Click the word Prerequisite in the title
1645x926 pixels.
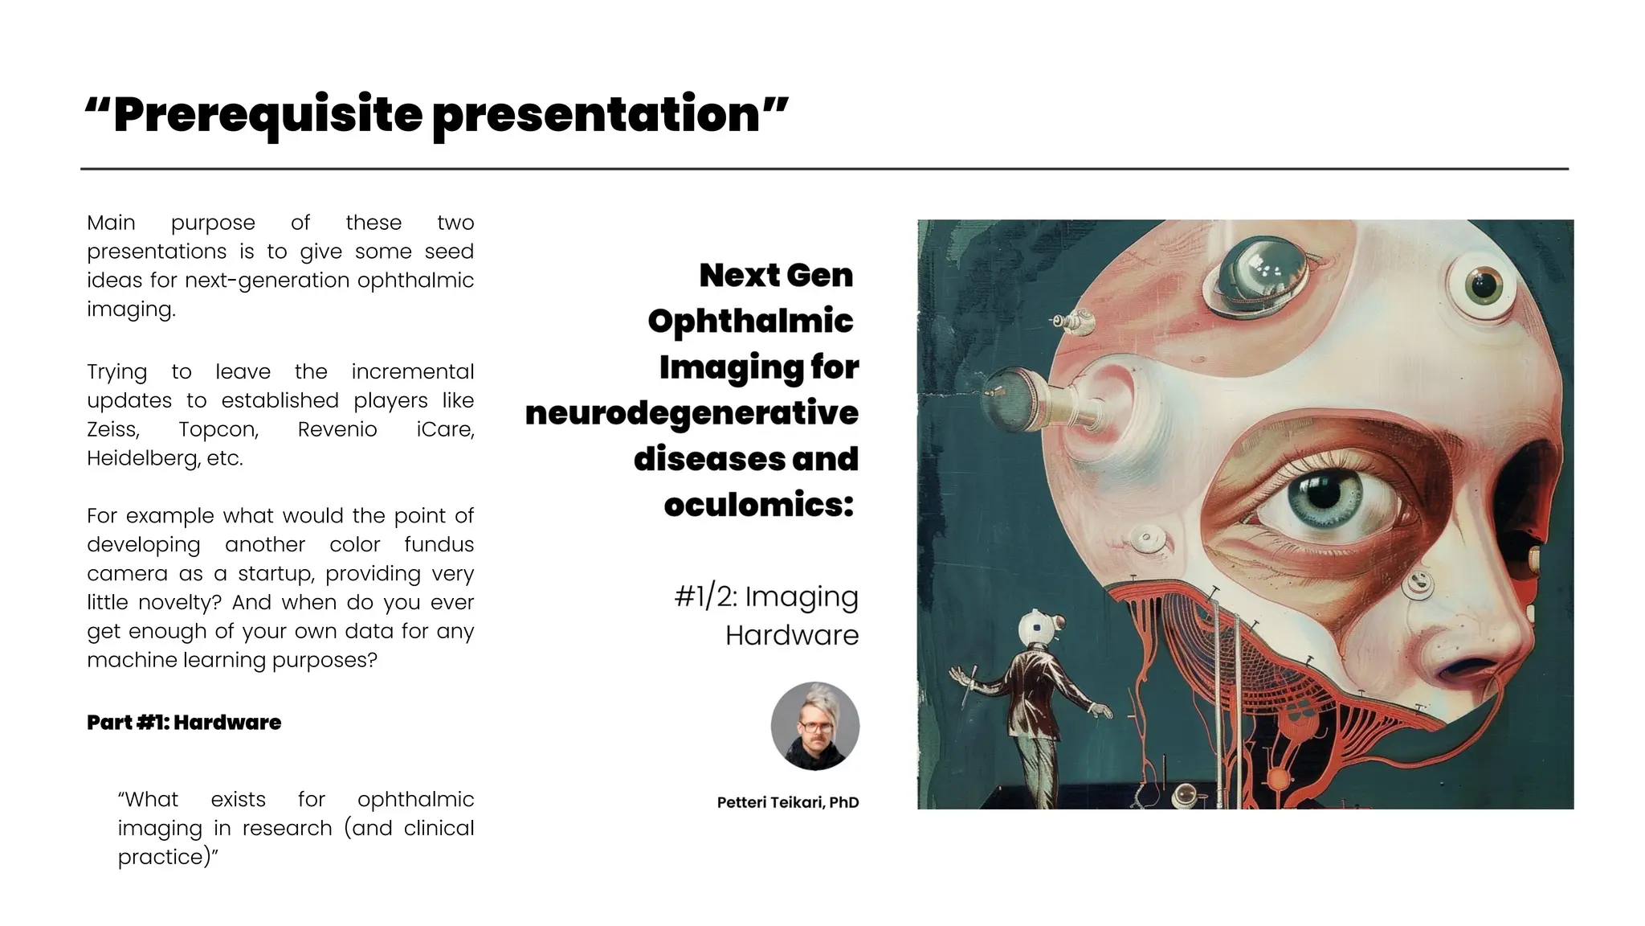[267, 114]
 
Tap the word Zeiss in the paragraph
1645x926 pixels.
[112, 429]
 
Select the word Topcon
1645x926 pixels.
[218, 429]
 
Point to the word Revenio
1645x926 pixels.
[337, 429]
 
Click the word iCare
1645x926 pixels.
[445, 429]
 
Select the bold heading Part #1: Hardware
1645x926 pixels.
[184, 722]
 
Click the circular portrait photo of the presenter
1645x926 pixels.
[814, 726]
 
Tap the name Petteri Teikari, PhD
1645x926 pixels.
[788, 802]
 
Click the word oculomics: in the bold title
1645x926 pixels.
[758, 505]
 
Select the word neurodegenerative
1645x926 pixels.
[692, 413]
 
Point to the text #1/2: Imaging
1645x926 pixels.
[766, 596]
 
